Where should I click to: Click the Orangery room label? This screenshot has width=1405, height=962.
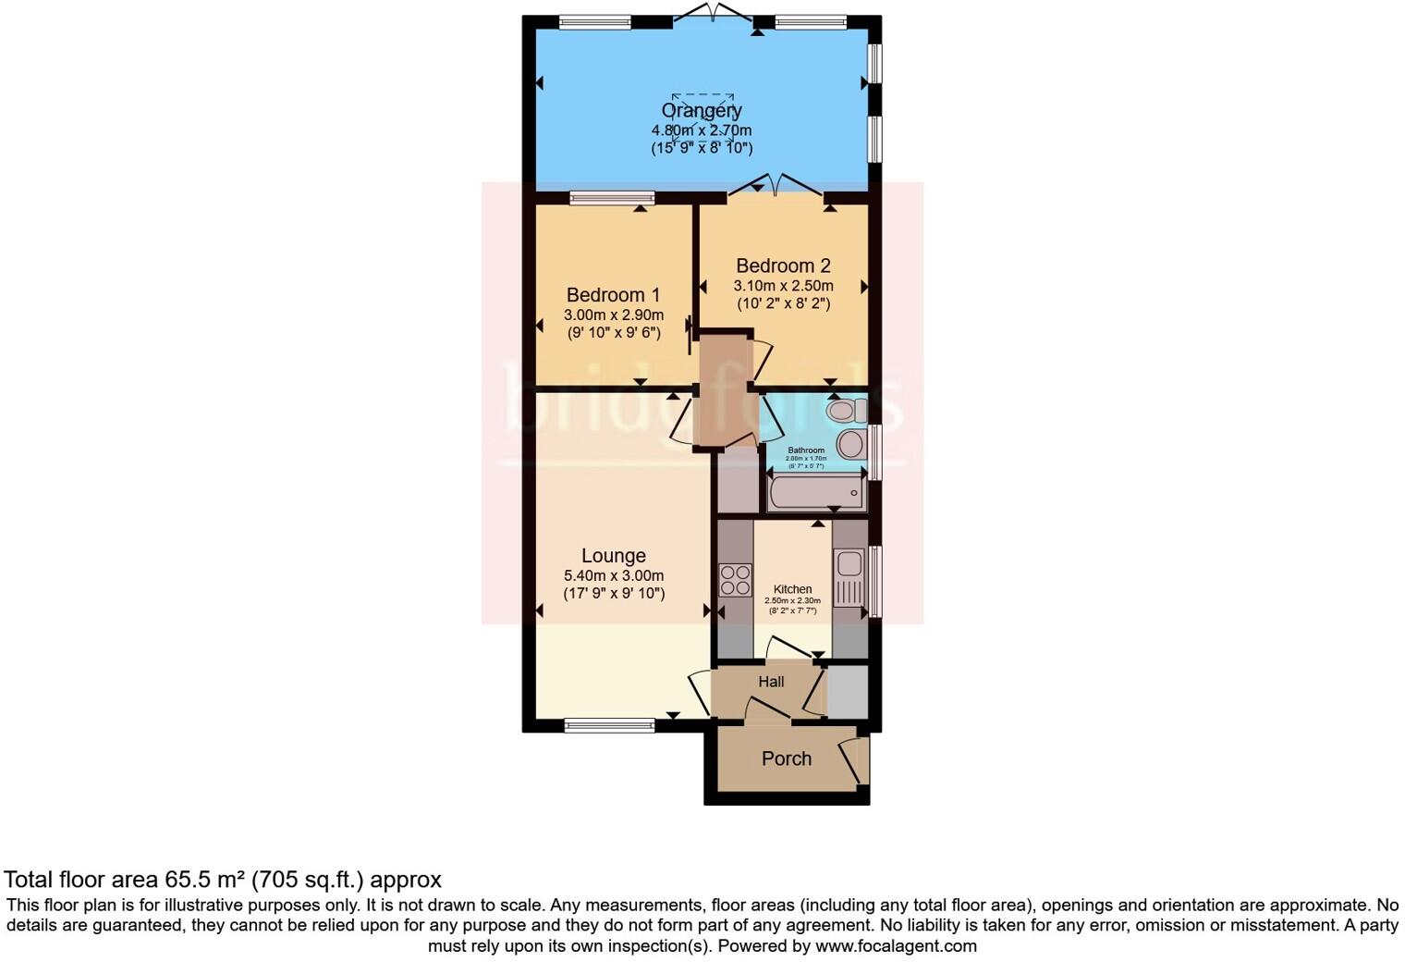pos(702,111)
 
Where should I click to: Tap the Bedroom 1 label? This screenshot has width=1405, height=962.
pos(613,295)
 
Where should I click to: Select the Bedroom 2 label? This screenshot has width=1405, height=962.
pos(783,266)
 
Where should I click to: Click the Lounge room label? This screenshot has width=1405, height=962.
pos(614,556)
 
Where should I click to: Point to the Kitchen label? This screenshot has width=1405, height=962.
pos(792,589)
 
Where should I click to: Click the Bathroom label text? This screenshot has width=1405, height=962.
pos(806,450)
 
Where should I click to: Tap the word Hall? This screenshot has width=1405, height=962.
pos(771,682)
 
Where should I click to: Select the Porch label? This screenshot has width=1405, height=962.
pos(787,758)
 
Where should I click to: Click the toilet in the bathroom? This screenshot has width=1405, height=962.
pos(845,410)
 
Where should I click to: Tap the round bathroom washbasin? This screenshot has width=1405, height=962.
pos(851,445)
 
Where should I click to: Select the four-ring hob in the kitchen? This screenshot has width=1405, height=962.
pos(736,580)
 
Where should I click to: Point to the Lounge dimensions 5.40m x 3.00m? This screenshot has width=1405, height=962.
pos(614,575)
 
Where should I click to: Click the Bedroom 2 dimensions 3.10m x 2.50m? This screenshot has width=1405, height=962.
pos(783,286)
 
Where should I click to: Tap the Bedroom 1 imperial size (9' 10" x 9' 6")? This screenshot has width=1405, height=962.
pos(614,334)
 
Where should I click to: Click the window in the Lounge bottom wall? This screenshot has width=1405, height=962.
pos(609,725)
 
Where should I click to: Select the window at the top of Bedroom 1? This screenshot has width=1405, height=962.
pos(612,197)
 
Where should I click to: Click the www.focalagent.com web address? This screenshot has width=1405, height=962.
pos(896,946)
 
